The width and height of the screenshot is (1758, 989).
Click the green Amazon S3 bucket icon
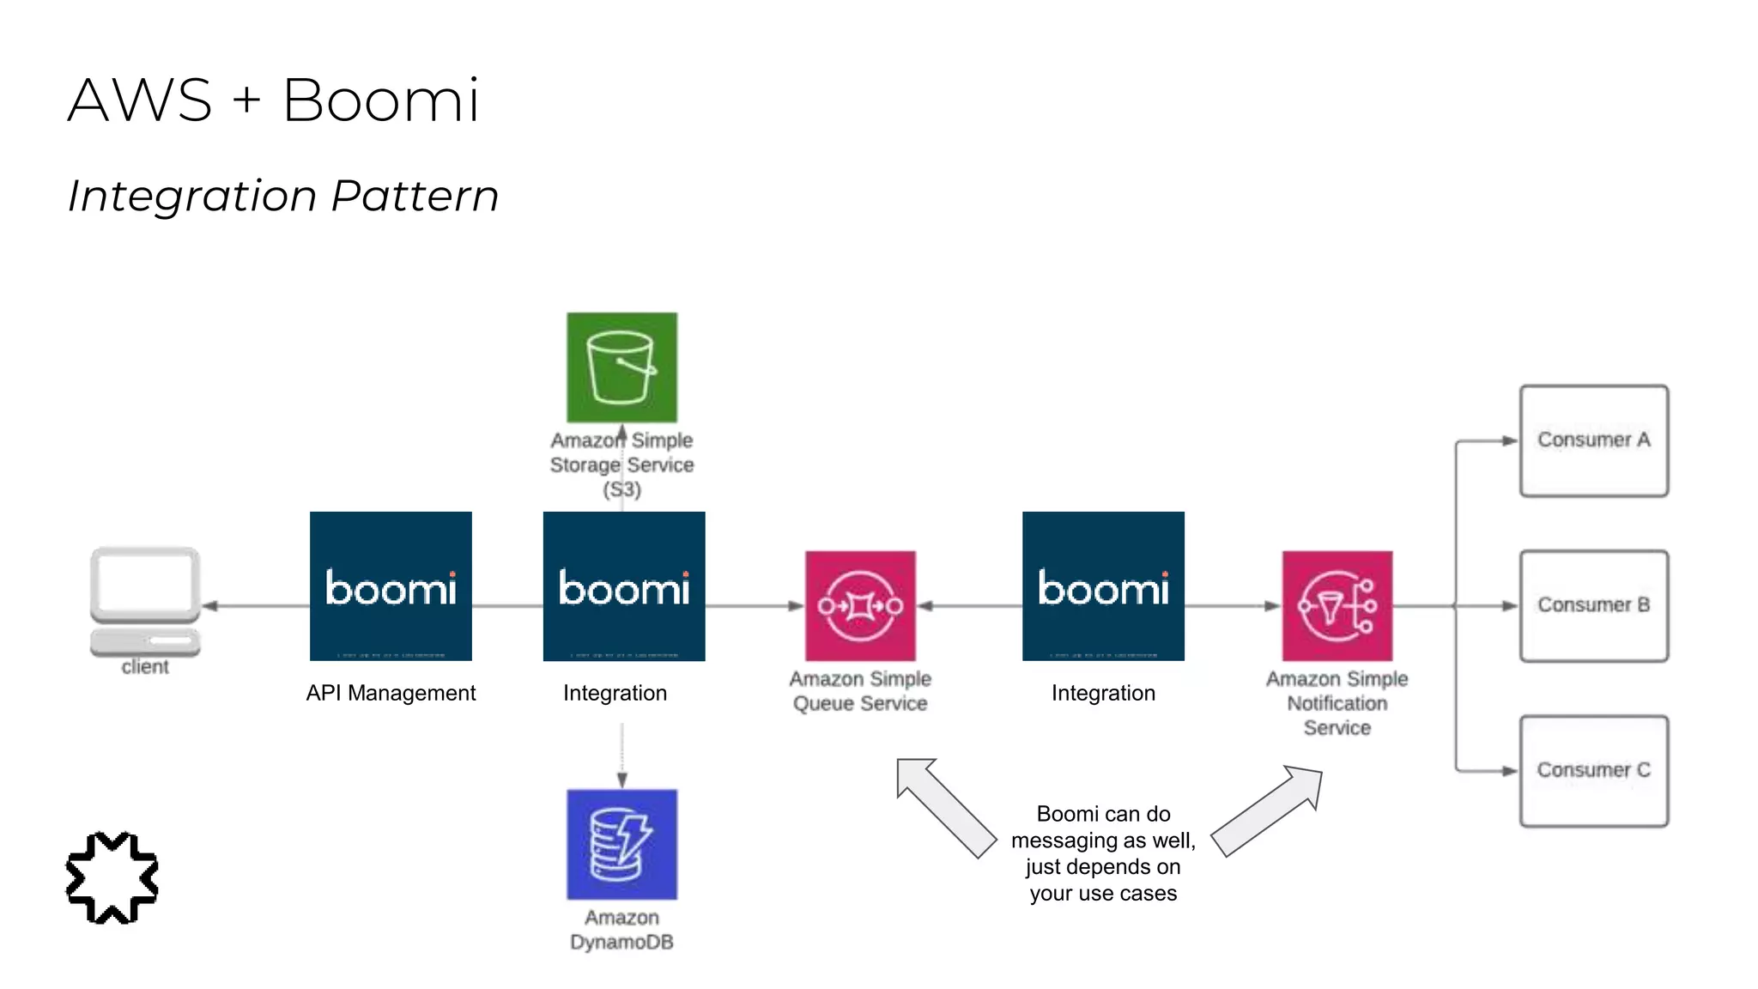coord(621,367)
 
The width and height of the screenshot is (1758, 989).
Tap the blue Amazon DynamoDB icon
coord(621,844)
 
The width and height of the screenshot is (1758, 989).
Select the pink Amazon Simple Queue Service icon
coord(860,606)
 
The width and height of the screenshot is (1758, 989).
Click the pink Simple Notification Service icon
coord(1337,606)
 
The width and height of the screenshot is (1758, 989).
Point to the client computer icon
coord(145,601)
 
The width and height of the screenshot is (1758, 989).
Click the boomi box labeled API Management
coord(391,586)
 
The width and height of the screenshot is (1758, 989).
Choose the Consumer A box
coord(1593,440)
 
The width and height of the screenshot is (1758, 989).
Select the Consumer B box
coord(1593,606)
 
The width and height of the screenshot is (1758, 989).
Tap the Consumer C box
coord(1593,771)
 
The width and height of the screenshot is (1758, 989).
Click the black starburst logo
coord(112,877)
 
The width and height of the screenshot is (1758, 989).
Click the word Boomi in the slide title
coord(380,100)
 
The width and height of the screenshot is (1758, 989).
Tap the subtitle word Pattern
coord(415,196)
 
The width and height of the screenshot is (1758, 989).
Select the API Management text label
coord(391,693)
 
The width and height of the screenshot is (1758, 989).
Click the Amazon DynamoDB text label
coord(621,930)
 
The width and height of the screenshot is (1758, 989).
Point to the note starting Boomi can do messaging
coord(1103,853)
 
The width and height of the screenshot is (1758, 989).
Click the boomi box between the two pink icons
coord(1103,586)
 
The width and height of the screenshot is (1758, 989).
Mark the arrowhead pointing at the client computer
coord(209,606)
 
